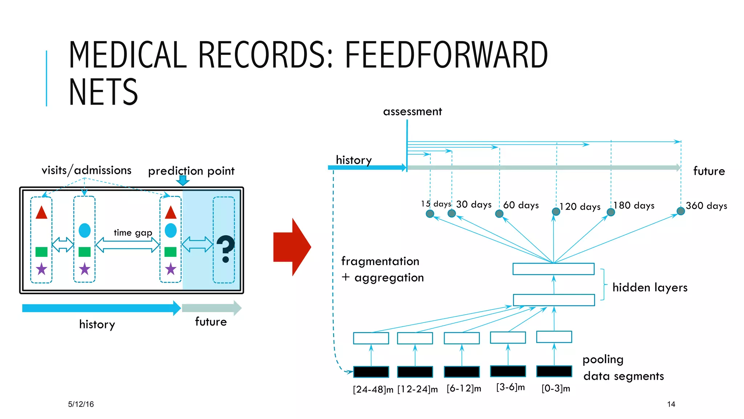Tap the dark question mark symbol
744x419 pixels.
pyautogui.click(x=226, y=248)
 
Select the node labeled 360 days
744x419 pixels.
pyautogui.click(x=681, y=211)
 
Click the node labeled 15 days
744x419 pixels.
pyautogui.click(x=430, y=214)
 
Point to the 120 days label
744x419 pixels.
pyautogui.click(x=580, y=207)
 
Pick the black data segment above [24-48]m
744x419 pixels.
pyautogui.click(x=371, y=372)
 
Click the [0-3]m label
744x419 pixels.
pyautogui.click(x=555, y=388)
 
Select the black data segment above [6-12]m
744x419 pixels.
pyautogui.click(x=462, y=372)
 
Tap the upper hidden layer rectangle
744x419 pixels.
pyautogui.click(x=553, y=269)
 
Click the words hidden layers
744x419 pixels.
pyautogui.click(x=650, y=287)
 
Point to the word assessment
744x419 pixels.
pyautogui.click(x=412, y=111)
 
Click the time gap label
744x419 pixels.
pyautogui.click(x=133, y=232)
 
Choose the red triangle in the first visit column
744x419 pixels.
pyautogui.click(x=41, y=213)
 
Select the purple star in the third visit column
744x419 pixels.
pyautogui.click(x=170, y=269)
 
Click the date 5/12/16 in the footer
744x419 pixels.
pyautogui.click(x=81, y=404)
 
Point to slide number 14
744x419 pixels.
pyautogui.click(x=671, y=404)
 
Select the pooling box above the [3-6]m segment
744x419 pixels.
pyautogui.click(x=508, y=337)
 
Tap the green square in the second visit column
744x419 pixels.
pyautogui.click(x=84, y=252)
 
